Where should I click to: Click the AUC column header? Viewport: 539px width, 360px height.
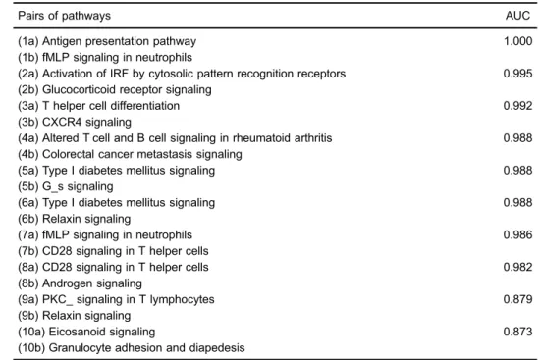coord(517,16)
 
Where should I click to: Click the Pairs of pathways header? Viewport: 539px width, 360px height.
coord(64,16)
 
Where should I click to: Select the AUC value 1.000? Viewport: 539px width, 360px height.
coord(518,41)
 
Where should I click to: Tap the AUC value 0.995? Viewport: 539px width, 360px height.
coord(517,74)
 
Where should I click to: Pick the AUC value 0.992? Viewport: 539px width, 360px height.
coord(517,106)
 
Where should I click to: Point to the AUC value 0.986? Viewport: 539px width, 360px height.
coord(517,235)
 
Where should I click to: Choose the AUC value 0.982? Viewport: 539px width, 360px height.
coord(517,267)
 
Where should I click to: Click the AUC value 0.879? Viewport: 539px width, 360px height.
coord(517,299)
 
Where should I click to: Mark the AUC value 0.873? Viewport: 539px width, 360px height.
coord(517,332)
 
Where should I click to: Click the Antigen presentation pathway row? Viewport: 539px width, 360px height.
coord(107,41)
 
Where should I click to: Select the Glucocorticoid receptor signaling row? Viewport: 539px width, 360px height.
coord(115,90)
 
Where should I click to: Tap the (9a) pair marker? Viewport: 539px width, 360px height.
coord(28,299)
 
